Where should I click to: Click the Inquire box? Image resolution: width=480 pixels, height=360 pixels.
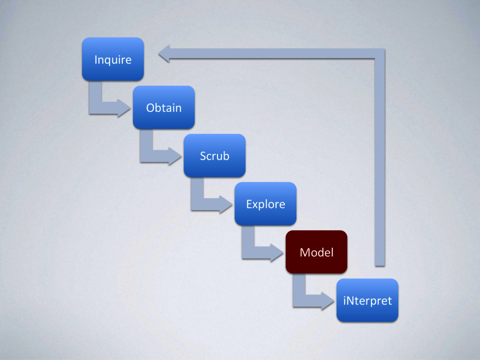[x=112, y=59]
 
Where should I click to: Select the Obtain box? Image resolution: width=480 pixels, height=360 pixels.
[x=164, y=107]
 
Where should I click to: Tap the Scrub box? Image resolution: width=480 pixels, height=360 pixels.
[x=214, y=156]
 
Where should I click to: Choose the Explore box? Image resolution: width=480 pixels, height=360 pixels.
[x=265, y=204]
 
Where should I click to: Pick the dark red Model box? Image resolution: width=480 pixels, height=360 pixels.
[x=316, y=252]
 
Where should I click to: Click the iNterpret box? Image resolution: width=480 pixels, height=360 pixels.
[x=367, y=300]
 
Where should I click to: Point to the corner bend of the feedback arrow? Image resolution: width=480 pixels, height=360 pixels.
[x=380, y=54]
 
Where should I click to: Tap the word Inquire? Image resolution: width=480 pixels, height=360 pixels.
[x=112, y=60]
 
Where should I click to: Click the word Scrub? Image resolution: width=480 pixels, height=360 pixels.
[x=214, y=156]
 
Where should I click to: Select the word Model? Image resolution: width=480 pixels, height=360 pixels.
[x=316, y=253]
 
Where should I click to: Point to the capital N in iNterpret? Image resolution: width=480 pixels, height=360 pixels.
[x=350, y=300]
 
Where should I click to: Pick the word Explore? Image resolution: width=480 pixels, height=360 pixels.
[x=265, y=204]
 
